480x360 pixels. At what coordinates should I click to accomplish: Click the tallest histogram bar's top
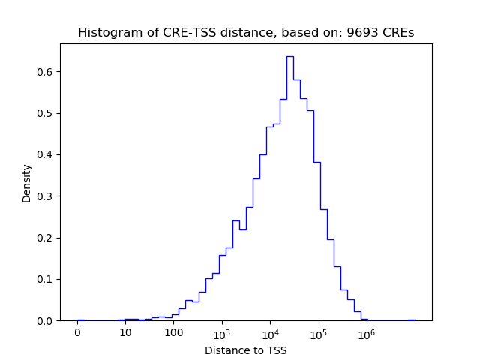[289, 57]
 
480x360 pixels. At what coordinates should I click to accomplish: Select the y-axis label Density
[27, 183]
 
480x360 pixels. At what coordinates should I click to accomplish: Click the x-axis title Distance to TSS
[246, 350]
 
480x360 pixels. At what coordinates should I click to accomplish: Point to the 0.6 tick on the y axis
[46, 72]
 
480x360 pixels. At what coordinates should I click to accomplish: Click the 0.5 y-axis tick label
[46, 113]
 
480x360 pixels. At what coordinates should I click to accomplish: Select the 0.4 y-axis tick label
[46, 155]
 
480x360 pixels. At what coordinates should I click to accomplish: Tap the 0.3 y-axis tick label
[46, 196]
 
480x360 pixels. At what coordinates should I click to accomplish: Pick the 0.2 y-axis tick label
[46, 238]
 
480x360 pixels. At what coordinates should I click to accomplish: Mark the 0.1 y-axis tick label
[46, 279]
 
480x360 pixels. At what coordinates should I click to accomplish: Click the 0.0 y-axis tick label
[46, 321]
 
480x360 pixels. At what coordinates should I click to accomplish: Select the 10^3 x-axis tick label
[222, 333]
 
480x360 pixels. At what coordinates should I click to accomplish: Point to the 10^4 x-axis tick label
[270, 333]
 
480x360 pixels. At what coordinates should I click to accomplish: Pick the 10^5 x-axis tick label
[318, 333]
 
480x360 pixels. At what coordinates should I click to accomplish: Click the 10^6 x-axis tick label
[366, 333]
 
